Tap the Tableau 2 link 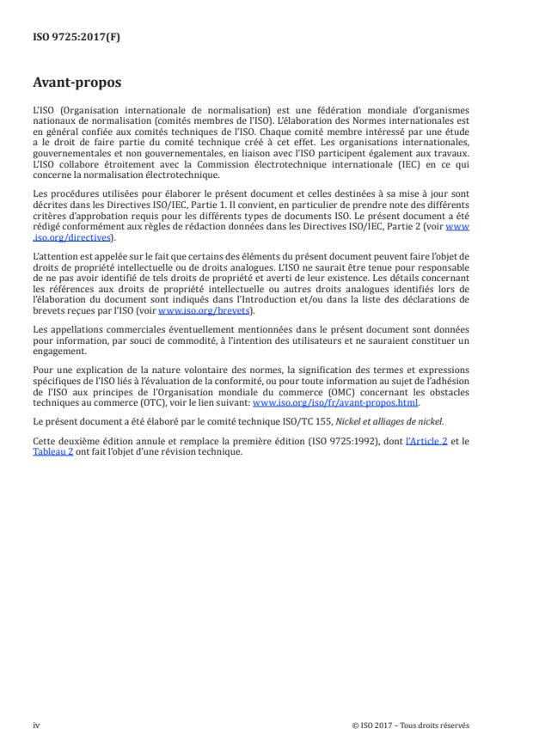pyautogui.click(x=57, y=450)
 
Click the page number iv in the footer pyautogui.click(x=36, y=725)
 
